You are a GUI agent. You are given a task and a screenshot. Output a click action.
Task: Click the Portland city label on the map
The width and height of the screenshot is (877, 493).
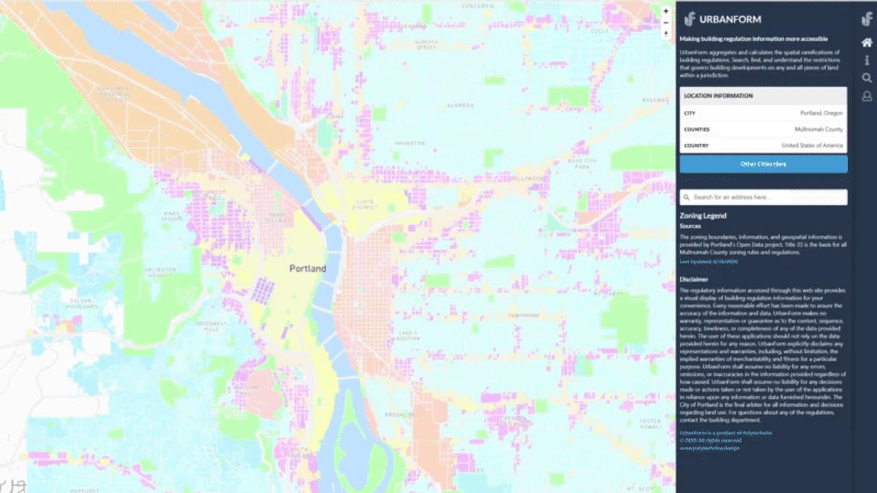(x=308, y=269)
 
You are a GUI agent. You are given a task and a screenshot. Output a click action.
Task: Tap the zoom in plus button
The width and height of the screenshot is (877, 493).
(x=666, y=12)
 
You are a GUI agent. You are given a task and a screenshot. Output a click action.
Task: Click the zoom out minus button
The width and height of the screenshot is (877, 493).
(x=666, y=23)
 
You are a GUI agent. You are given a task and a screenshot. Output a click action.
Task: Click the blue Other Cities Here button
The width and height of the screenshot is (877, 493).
(x=763, y=164)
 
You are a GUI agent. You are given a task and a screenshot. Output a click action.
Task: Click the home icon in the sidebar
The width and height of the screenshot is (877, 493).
(x=867, y=43)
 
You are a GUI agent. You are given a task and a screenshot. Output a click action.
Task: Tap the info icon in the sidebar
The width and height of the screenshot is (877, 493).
(x=867, y=61)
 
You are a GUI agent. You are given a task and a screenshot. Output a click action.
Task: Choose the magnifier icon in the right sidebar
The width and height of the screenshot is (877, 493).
(x=867, y=78)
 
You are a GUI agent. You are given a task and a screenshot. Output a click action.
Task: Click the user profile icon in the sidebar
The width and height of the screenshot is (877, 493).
(x=867, y=96)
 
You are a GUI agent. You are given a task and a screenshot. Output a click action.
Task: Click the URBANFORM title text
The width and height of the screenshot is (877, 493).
(x=720, y=20)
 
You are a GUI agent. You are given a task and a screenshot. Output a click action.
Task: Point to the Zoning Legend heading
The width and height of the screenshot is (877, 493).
(x=702, y=216)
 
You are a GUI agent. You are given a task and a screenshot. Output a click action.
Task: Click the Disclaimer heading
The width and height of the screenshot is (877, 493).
(x=694, y=279)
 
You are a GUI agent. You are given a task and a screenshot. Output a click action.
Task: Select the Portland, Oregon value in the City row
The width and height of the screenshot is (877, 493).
(x=821, y=113)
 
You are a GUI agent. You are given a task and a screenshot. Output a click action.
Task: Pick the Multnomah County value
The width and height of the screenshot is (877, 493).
(x=819, y=129)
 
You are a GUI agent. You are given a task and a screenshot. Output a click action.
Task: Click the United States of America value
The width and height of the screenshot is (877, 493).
(x=812, y=145)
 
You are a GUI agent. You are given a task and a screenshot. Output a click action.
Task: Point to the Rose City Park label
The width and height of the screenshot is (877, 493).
(x=582, y=164)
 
